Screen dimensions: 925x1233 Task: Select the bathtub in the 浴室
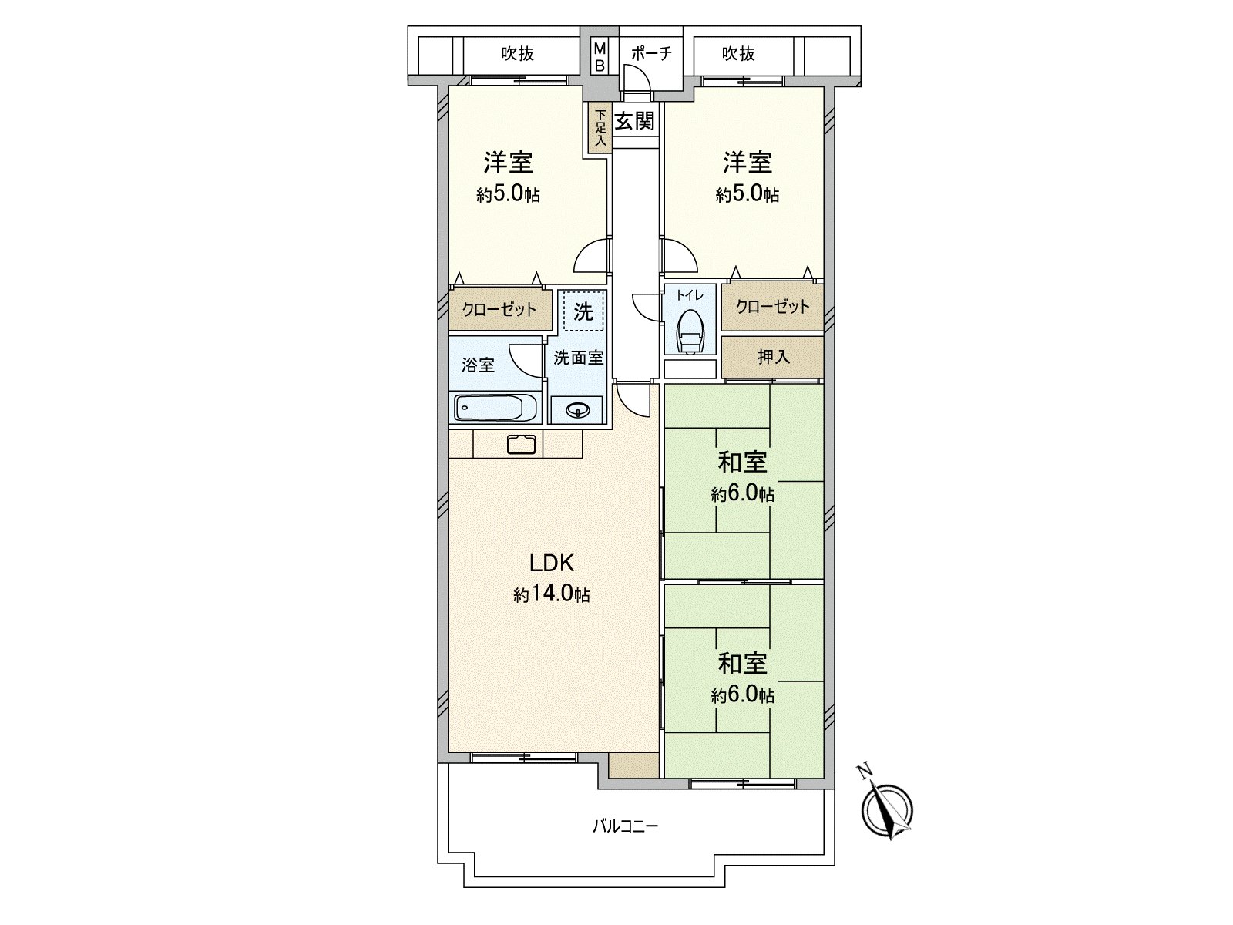[x=497, y=408]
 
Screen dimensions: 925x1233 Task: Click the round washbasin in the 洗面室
[x=576, y=410]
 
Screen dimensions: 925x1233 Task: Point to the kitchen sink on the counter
[x=522, y=445]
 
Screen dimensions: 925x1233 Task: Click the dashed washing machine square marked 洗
[x=583, y=311]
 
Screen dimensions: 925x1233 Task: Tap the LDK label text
[x=551, y=563]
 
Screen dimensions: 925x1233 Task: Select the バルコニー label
[x=625, y=826]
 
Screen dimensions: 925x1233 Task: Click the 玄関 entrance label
[x=635, y=121]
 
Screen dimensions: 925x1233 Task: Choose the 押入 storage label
[x=773, y=357]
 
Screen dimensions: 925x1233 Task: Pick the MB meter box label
[x=600, y=57]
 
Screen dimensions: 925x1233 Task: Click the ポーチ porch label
[x=651, y=53]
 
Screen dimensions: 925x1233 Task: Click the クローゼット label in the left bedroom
[x=499, y=310]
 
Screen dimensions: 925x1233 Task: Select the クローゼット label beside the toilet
[x=772, y=307]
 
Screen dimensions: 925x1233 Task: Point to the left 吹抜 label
[x=518, y=53]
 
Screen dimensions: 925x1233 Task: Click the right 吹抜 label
[x=738, y=53]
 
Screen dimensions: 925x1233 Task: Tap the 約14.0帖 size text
[x=552, y=594]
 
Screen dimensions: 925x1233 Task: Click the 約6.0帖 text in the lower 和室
[x=742, y=695]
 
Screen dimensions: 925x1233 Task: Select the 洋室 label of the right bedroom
[x=747, y=163]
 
